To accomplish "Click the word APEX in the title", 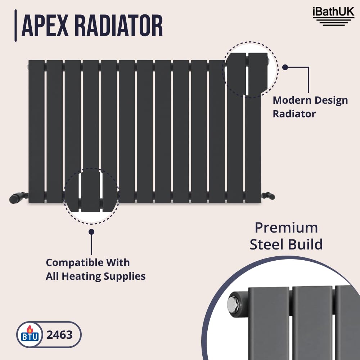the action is (x=45, y=26).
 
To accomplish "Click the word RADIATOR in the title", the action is (x=119, y=26).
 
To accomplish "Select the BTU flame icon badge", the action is (x=30, y=334).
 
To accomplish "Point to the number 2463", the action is (x=59, y=335).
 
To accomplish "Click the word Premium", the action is (x=286, y=228).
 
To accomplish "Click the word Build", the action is (x=305, y=244).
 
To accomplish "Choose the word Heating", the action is (x=81, y=276).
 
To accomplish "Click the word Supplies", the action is (x=125, y=276).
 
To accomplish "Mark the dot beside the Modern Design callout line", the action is (x=285, y=67).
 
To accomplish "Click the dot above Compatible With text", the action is (x=91, y=232).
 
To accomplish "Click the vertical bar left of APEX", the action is (x=15, y=26).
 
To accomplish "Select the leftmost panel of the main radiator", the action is (x=36, y=131).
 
